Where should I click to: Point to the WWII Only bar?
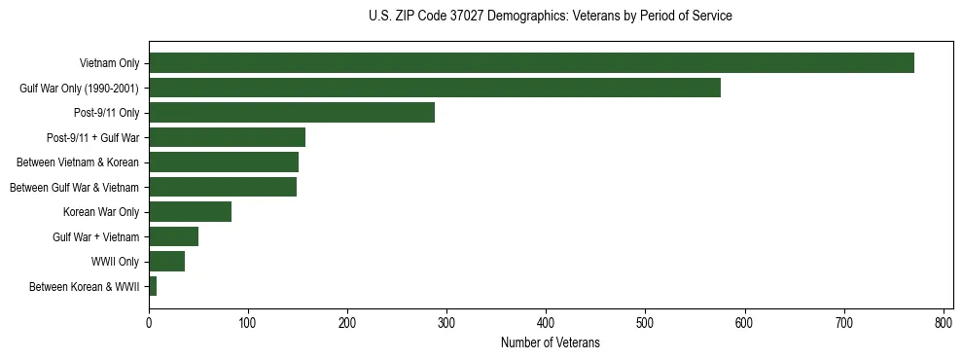[166, 261]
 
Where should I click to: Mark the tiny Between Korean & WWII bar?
[153, 286]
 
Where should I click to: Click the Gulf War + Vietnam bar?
[173, 236]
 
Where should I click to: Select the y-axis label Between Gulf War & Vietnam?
[74, 187]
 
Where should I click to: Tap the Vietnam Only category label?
[109, 63]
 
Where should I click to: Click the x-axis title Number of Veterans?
[551, 342]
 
